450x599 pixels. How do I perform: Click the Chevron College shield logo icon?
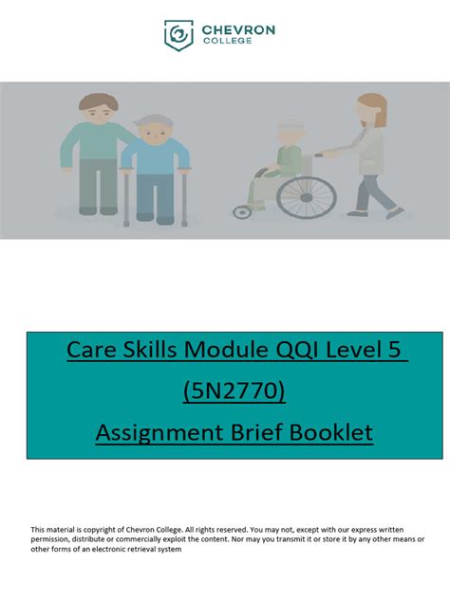point(178,36)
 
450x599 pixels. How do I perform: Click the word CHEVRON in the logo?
point(238,30)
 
